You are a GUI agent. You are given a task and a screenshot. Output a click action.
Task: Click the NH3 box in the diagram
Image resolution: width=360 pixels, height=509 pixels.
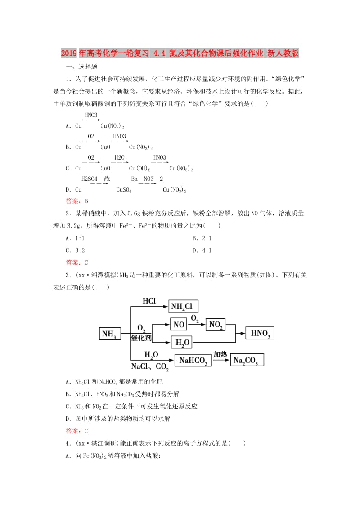[110, 334]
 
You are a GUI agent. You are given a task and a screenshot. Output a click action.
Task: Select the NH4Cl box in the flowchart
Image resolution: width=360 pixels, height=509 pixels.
[183, 306]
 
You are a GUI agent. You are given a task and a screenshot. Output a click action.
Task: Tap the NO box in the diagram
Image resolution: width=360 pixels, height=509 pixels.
[179, 324]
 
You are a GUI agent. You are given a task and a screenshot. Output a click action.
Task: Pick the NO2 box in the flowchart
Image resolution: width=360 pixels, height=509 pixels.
[215, 325]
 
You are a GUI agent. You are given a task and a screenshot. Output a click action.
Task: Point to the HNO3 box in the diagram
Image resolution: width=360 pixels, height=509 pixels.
[260, 333]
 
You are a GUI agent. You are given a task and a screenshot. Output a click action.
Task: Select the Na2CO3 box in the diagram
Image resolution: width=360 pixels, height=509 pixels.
[247, 360]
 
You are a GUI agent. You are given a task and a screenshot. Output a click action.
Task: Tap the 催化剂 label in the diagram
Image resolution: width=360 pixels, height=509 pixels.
[141, 337]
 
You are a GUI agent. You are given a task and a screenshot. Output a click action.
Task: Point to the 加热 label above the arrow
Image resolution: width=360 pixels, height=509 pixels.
[220, 354]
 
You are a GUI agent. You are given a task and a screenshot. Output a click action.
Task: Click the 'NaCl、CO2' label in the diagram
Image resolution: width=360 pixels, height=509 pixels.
[150, 366]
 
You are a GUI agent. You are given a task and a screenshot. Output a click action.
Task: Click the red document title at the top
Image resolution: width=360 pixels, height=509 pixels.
[180, 54]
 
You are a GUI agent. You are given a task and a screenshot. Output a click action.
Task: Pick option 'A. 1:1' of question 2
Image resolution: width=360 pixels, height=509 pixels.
[75, 238]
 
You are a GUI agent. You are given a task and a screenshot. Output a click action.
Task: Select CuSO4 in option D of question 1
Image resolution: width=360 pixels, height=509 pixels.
[124, 190]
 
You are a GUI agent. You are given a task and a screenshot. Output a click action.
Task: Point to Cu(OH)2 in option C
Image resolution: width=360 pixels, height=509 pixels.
[139, 169]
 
